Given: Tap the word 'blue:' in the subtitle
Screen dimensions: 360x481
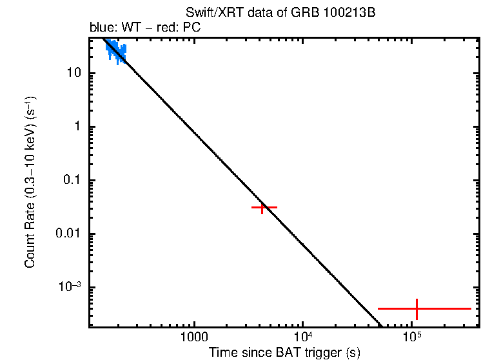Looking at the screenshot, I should [103, 28].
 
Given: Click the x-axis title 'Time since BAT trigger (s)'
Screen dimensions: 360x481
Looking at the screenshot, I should [284, 352].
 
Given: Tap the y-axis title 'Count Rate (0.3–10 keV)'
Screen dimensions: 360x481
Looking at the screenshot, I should [30, 183].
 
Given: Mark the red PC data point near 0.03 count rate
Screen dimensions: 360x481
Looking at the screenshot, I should [263, 207].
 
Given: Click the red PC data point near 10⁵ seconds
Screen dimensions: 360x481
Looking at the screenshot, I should [417, 309].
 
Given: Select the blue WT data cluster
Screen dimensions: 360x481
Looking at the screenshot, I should [116, 51].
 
